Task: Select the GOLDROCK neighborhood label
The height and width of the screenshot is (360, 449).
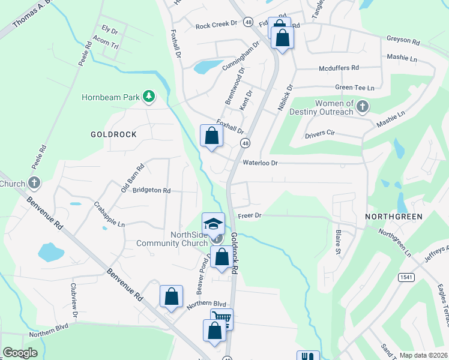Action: click(x=113, y=134)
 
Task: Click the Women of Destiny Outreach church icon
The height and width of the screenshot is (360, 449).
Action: click(x=362, y=107)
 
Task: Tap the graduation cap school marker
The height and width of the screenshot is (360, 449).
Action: click(x=213, y=224)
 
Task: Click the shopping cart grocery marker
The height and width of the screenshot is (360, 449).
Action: click(x=221, y=319)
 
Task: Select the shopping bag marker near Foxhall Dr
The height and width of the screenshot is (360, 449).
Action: click(x=211, y=136)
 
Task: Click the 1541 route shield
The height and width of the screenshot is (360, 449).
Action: click(x=404, y=275)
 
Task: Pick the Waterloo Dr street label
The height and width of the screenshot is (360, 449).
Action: click(x=261, y=163)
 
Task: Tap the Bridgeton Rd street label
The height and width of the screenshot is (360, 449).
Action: click(x=152, y=190)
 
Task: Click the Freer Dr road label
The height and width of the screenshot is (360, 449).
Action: click(x=250, y=215)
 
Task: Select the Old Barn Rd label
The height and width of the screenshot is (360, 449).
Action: click(x=133, y=175)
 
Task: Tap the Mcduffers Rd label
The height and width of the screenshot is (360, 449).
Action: click(x=339, y=68)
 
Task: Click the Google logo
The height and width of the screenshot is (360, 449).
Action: click(x=20, y=353)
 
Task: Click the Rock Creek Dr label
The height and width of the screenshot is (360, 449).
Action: click(x=217, y=26)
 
